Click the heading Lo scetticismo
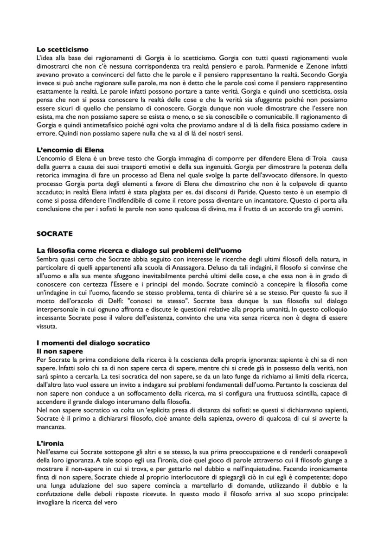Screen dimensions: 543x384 coord(62,49)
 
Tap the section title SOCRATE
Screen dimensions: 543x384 coord(54,234)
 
